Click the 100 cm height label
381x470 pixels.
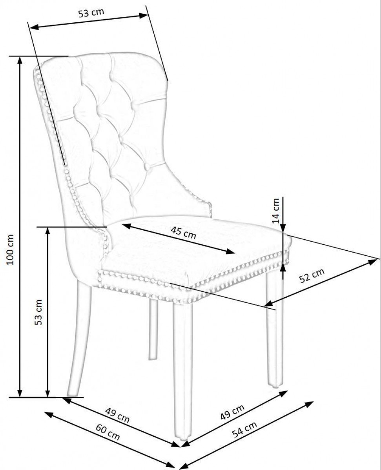click(x=10, y=249)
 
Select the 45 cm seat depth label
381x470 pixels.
click(x=183, y=233)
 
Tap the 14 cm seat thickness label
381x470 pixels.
click(x=275, y=211)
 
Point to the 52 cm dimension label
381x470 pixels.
click(x=312, y=276)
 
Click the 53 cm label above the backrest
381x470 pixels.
click(x=91, y=13)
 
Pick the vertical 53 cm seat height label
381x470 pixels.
click(x=38, y=312)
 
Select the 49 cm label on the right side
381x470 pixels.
click(x=233, y=412)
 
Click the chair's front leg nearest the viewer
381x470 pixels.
click(x=182, y=371)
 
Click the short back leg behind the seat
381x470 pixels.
click(x=153, y=329)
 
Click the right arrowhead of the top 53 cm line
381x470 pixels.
click(x=144, y=15)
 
